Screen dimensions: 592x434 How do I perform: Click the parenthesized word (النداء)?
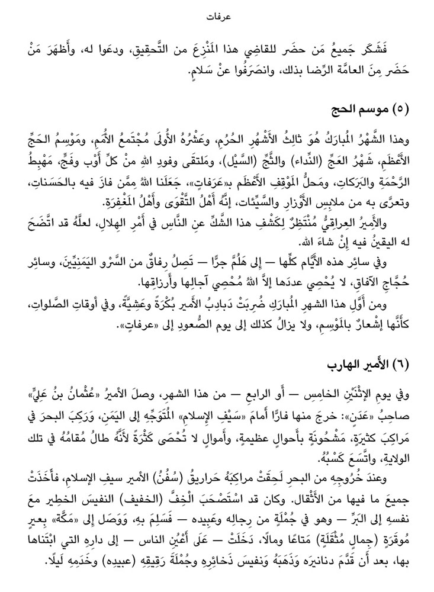point(324,160)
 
